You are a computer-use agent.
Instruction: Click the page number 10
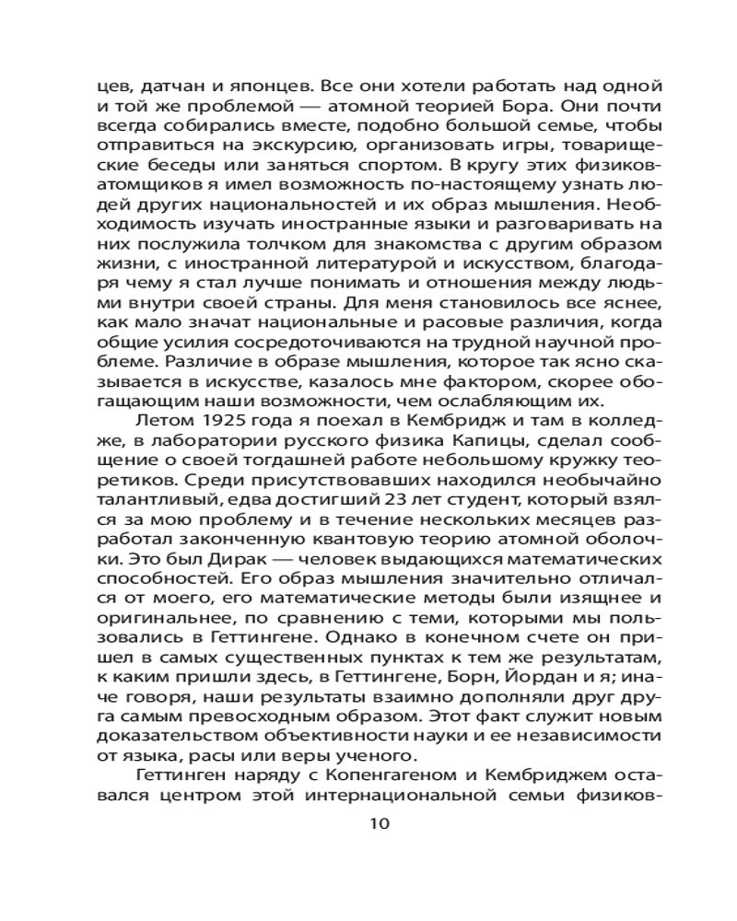379,822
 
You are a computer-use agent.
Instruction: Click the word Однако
413,624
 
